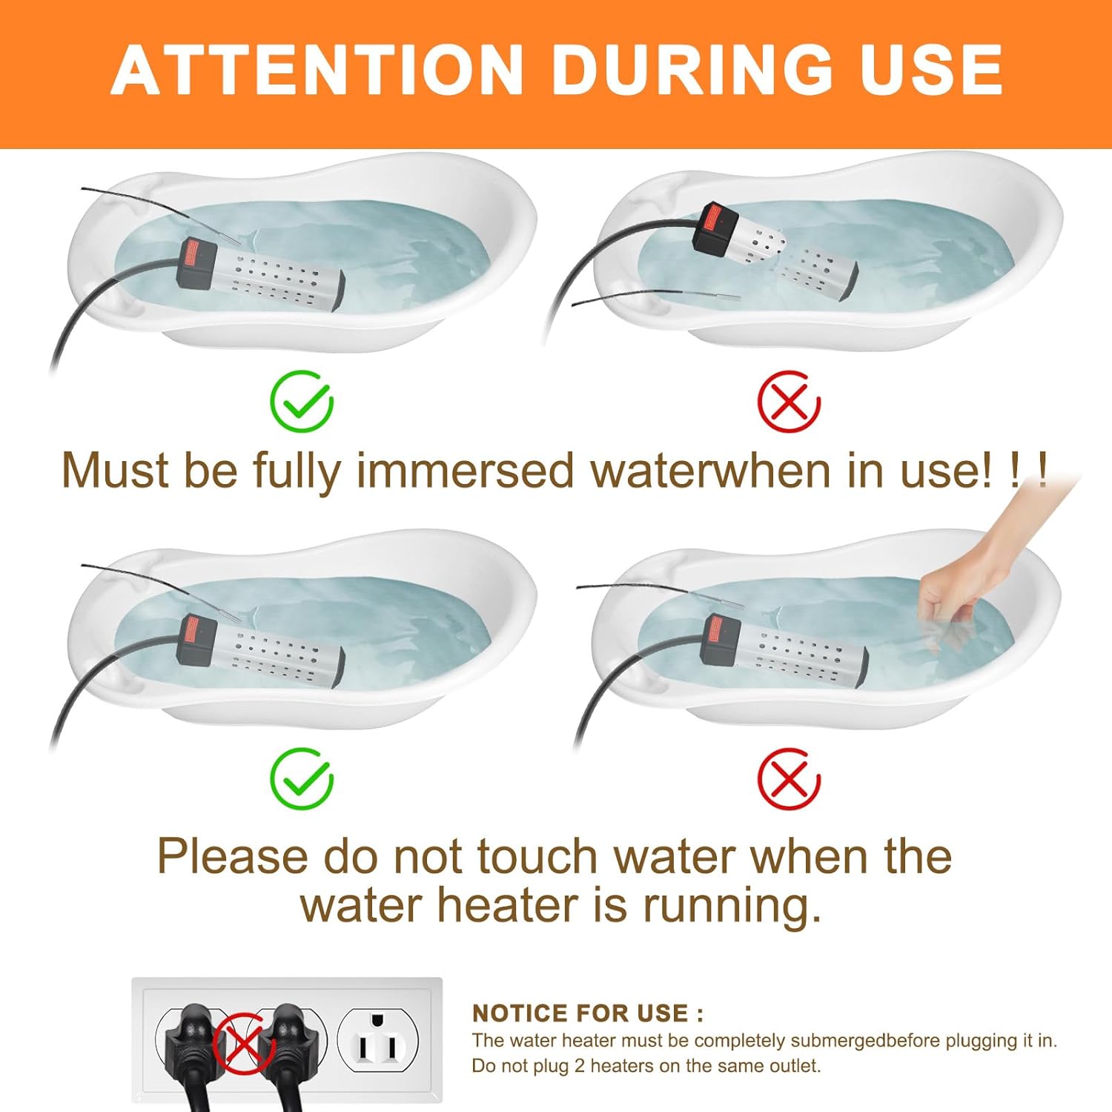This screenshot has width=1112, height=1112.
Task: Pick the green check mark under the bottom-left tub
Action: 301,778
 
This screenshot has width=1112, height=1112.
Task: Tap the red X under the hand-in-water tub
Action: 788,778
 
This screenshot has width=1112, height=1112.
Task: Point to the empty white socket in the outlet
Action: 378,1040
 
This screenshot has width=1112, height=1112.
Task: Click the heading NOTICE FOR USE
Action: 587,1013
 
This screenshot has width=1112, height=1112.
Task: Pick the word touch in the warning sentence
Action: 537,856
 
